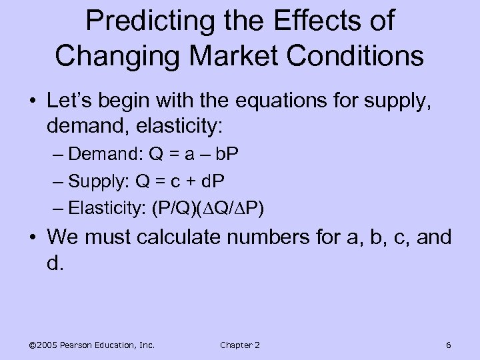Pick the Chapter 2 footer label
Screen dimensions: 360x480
pos(239,345)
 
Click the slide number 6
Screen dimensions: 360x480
pos(448,345)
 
